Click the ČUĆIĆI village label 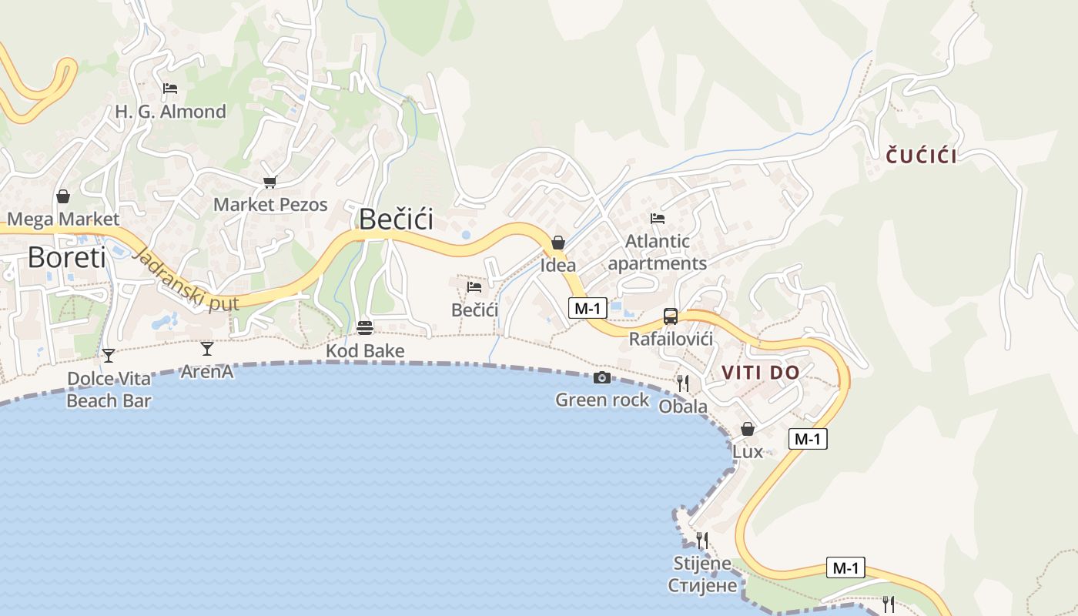921,156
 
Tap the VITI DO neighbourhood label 760,373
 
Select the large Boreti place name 67,257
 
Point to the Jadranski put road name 185,280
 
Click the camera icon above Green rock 602,377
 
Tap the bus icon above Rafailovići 671,316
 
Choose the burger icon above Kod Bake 365,328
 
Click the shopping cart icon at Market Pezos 269,182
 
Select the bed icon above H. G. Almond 170,89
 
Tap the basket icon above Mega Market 63,196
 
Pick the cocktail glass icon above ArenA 206,349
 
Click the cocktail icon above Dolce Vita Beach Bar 109,355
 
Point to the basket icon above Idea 558,243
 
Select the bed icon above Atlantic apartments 657,219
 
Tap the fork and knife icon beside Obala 682,382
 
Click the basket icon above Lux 747,429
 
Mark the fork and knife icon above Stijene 701,540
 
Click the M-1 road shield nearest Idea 588,308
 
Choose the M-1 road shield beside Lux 808,439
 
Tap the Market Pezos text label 270,205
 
